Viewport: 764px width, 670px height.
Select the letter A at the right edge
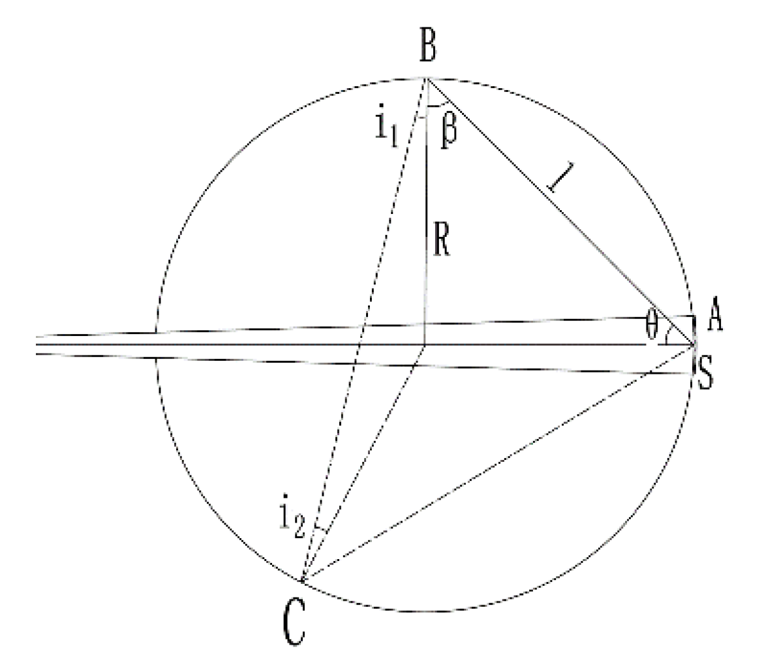point(715,319)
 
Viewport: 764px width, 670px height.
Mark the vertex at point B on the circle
point(426,78)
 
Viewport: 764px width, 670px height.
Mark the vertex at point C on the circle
point(302,580)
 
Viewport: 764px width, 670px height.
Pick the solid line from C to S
point(496,463)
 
